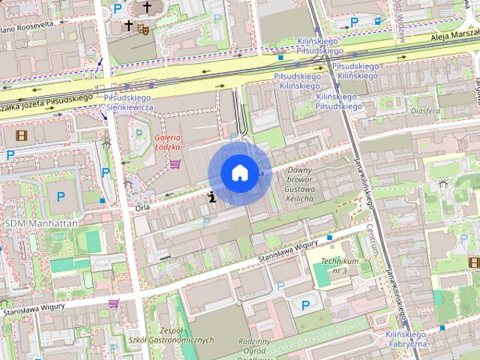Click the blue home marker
click(x=238, y=173)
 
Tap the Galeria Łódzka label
click(x=169, y=142)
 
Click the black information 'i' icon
click(x=213, y=197)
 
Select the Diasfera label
click(x=425, y=111)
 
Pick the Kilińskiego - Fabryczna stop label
click(x=406, y=338)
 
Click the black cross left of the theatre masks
click(x=129, y=25)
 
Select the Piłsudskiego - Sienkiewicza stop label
click(x=128, y=103)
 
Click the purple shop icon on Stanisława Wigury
click(x=114, y=304)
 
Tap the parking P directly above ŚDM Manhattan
click(x=61, y=196)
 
